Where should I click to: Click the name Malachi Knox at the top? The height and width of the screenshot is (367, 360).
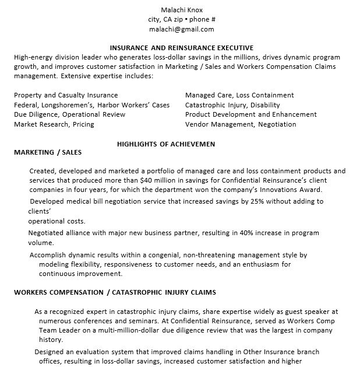pos(181,9)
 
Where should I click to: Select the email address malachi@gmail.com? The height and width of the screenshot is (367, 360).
pos(181,29)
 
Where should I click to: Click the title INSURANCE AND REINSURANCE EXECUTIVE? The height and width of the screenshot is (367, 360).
pos(182,48)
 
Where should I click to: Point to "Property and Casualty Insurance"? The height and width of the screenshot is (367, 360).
pos(66,95)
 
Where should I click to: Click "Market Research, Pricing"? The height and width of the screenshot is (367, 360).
pos(54,124)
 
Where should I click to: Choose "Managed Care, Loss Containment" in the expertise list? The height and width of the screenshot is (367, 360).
pos(239,95)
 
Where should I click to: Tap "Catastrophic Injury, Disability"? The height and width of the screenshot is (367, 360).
pos(232,105)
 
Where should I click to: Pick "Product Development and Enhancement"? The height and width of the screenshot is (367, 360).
pos(251,114)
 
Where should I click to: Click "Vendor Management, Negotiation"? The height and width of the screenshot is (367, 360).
pos(241,124)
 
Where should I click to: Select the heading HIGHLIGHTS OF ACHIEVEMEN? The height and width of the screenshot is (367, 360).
pos(166,144)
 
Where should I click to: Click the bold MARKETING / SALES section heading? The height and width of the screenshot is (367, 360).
pos(48,152)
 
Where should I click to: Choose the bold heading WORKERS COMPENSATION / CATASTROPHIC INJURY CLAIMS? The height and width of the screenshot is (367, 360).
pos(115,292)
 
